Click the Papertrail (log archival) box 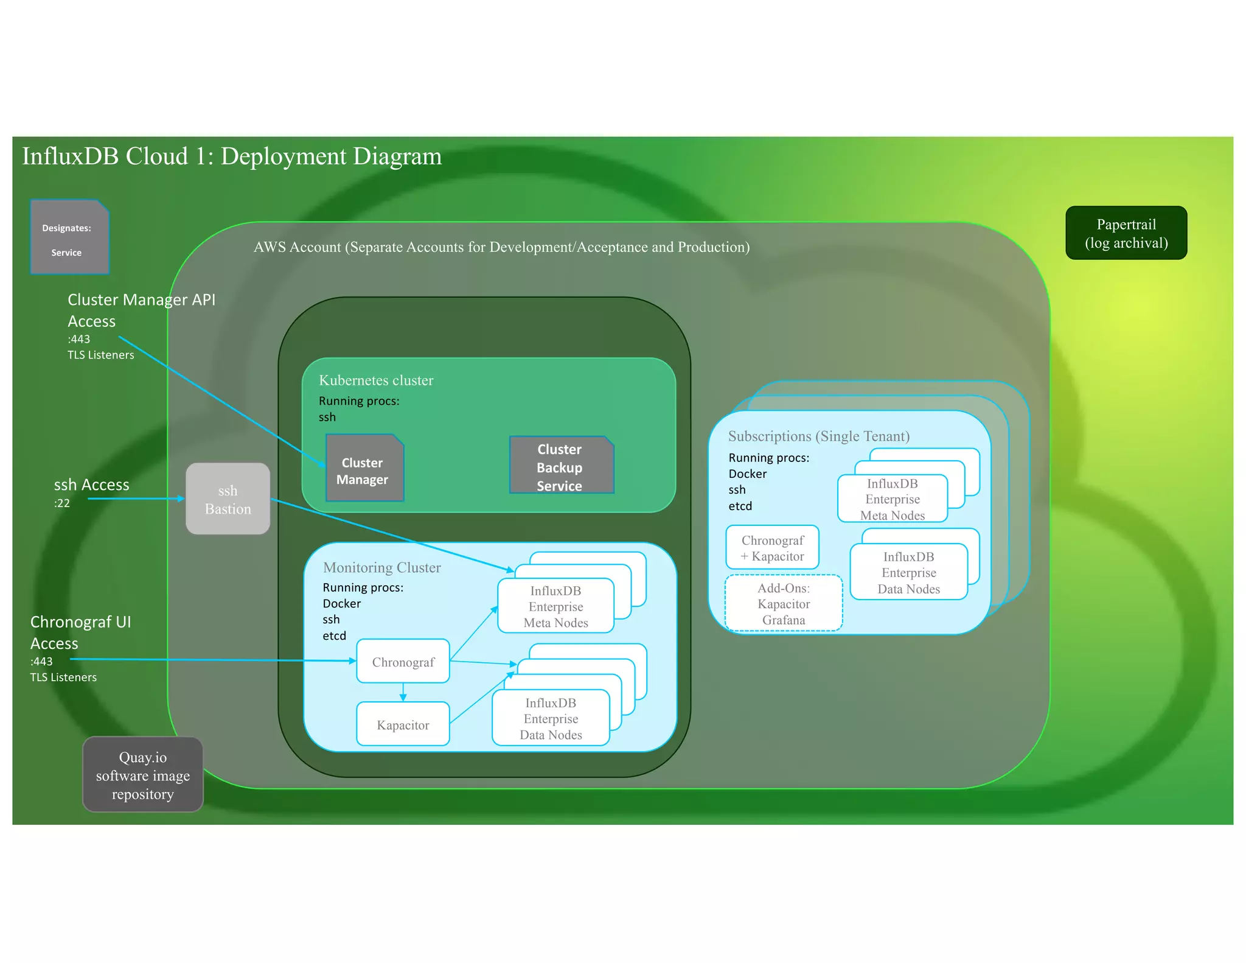pyautogui.click(x=1126, y=233)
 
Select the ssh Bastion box pyautogui.click(x=228, y=499)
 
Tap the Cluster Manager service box pyautogui.click(x=364, y=469)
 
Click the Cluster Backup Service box pyautogui.click(x=560, y=466)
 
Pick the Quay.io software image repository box pyautogui.click(x=143, y=775)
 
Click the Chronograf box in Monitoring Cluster pyautogui.click(x=403, y=662)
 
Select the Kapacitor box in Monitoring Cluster pyautogui.click(x=403, y=724)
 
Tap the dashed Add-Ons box pyautogui.click(x=784, y=603)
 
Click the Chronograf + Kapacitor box pyautogui.click(x=772, y=548)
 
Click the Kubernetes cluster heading pyautogui.click(x=376, y=380)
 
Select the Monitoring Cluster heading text pyautogui.click(x=382, y=567)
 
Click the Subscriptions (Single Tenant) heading pyautogui.click(x=818, y=436)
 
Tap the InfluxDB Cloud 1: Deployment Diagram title pyautogui.click(x=232, y=156)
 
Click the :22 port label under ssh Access pyautogui.click(x=62, y=503)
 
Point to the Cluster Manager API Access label pyautogui.click(x=141, y=310)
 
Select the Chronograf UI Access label pyautogui.click(x=80, y=632)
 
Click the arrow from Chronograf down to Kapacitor pyautogui.click(x=403, y=692)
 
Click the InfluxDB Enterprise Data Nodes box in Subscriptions pyautogui.click(x=908, y=572)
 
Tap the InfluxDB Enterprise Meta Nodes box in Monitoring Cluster pyautogui.click(x=555, y=606)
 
